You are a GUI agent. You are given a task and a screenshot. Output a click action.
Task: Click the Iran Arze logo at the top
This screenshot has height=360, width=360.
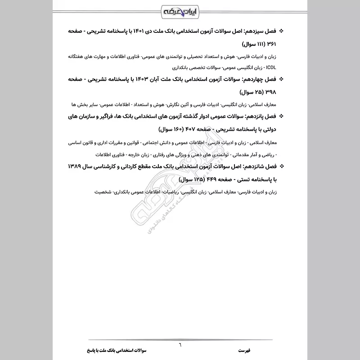[x=180, y=9]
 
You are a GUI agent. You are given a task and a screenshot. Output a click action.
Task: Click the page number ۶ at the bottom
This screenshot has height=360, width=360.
[x=180, y=344]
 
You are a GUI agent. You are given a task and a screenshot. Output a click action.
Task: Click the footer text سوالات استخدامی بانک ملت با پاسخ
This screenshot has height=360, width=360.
[x=112, y=351]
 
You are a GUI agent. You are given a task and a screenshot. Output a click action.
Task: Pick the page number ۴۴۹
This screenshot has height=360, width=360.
[x=208, y=179]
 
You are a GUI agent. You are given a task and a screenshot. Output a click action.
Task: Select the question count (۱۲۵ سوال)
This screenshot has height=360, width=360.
[x=184, y=179]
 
